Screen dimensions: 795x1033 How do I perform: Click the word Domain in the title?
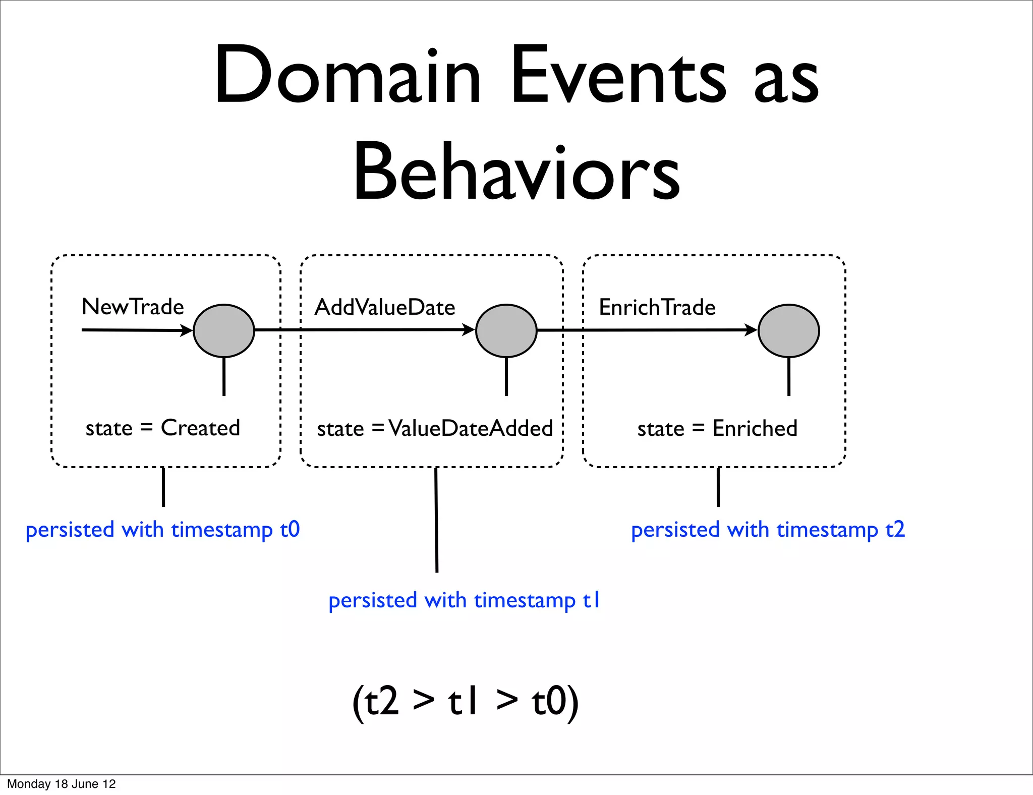[348, 76]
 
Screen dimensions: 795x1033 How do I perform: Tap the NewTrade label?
[133, 307]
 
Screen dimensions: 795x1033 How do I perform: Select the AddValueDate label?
[384, 307]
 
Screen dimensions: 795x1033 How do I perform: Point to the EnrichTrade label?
[657, 307]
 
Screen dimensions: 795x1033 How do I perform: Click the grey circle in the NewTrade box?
[224, 331]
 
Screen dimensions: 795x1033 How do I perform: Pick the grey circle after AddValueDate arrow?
[506, 331]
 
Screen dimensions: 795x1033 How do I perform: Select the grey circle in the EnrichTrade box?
[789, 331]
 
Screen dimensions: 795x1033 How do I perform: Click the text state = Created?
[162, 428]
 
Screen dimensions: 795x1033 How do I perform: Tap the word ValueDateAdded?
[471, 428]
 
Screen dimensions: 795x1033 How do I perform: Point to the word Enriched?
[755, 428]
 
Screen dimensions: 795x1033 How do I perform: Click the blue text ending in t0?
[162, 530]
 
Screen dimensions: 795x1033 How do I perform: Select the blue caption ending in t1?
[464, 600]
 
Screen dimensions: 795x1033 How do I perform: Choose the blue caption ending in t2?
[768, 530]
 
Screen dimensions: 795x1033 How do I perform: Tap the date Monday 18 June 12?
[61, 784]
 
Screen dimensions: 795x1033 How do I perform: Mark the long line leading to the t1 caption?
[436, 520]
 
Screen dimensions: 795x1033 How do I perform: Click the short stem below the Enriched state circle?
[789, 376]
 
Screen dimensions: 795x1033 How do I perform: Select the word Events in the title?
[618, 76]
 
